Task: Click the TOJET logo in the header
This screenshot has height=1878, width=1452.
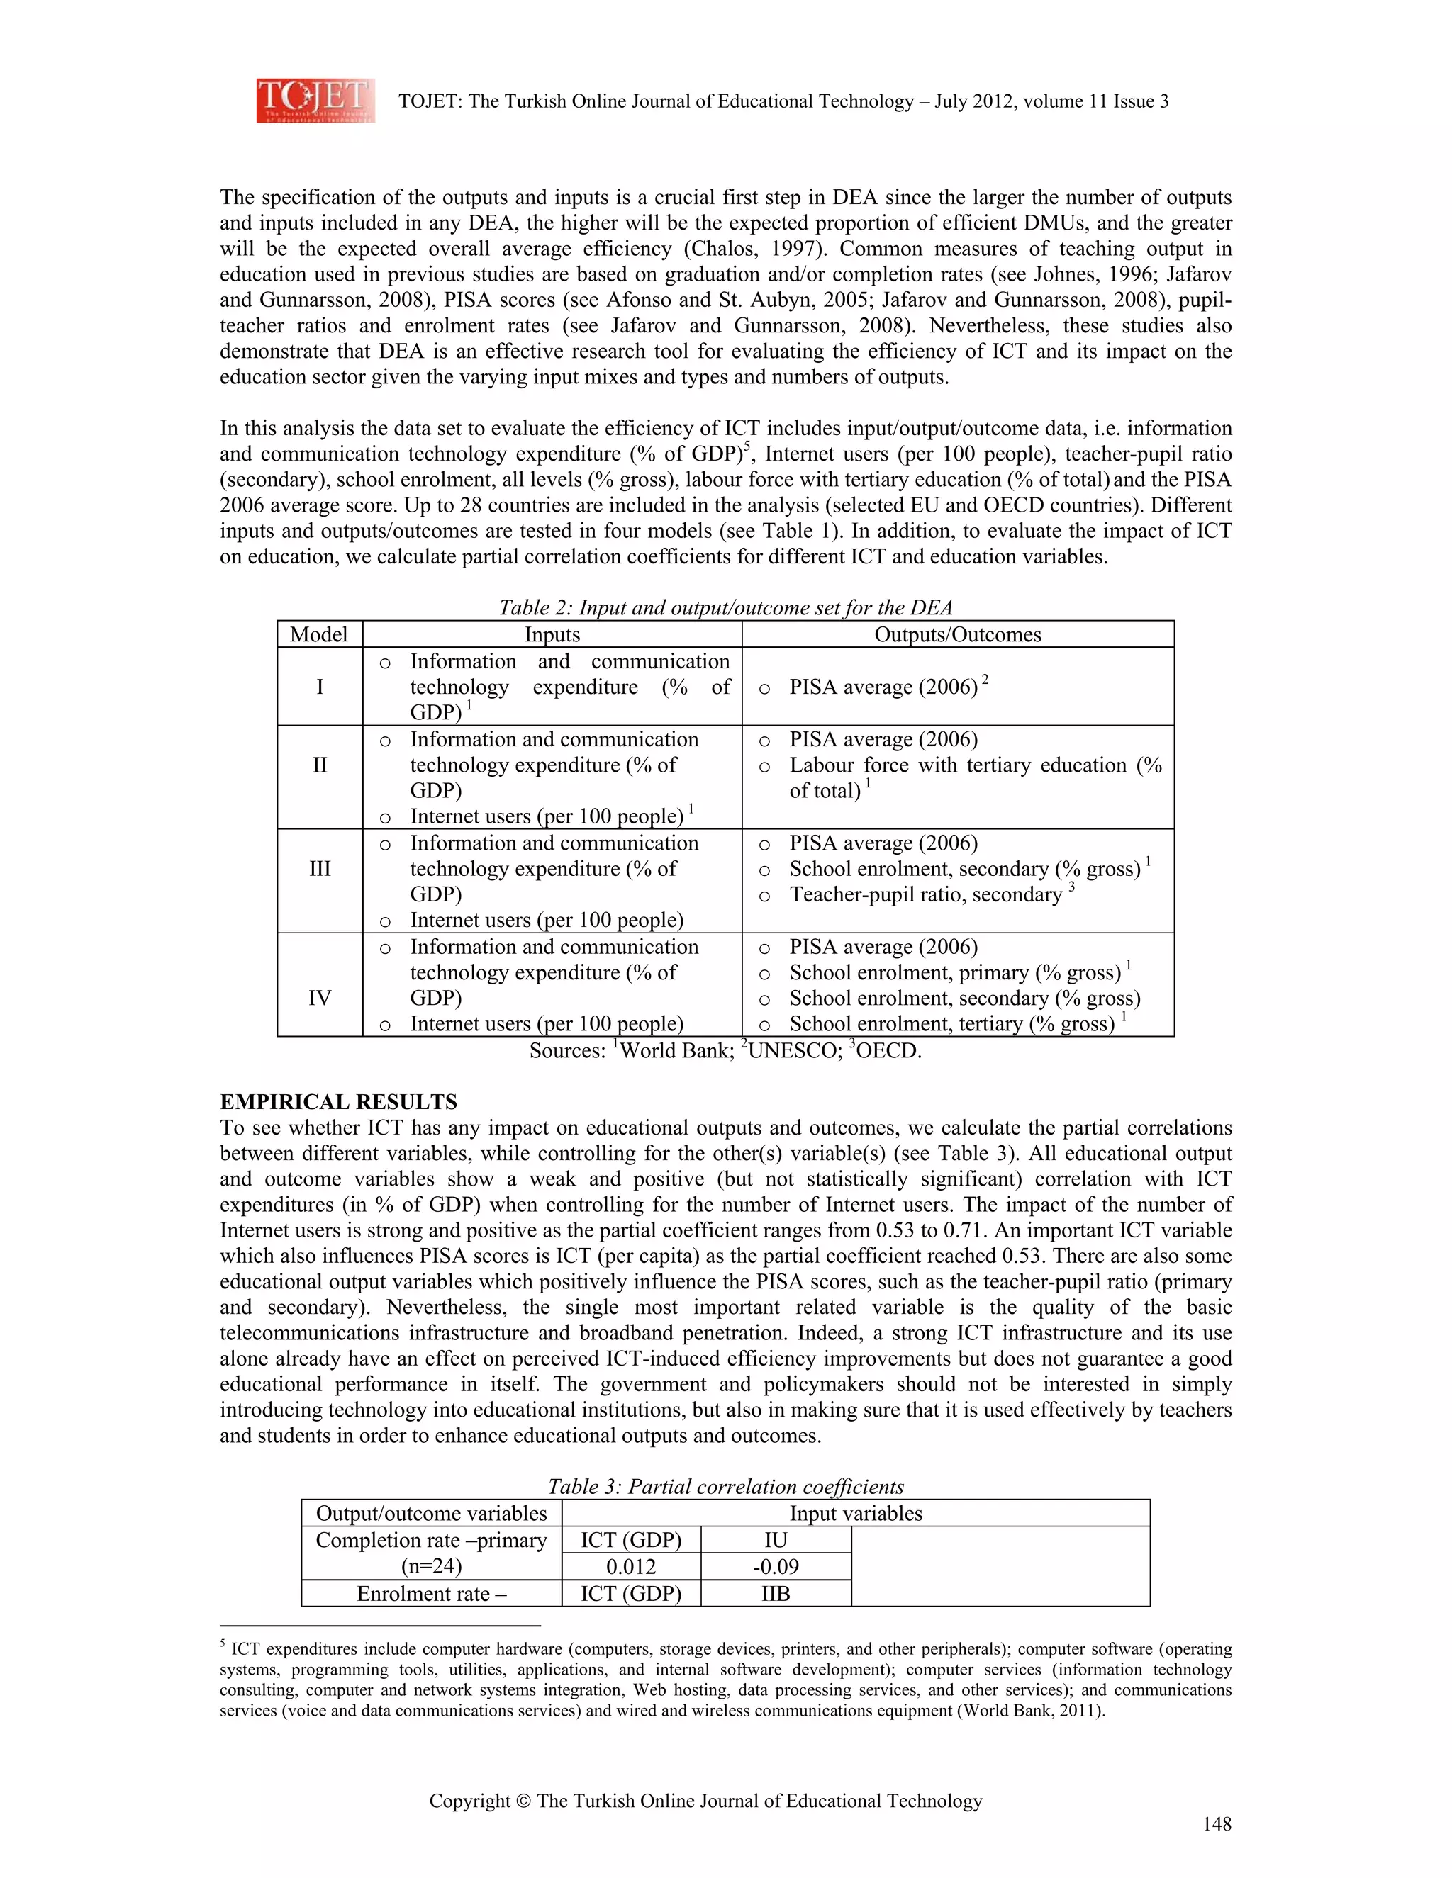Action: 315,101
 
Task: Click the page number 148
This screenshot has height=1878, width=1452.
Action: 1217,1824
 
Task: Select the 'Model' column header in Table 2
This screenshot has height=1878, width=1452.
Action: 319,634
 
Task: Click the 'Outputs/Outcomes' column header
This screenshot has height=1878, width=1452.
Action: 957,634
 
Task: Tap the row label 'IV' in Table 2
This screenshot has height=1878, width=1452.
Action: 319,998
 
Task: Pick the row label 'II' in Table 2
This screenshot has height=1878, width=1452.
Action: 319,765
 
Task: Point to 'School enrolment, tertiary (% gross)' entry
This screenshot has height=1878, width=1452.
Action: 951,1024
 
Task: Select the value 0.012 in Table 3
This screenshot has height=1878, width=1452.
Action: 630,1567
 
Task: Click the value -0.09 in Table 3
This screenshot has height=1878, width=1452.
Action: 775,1567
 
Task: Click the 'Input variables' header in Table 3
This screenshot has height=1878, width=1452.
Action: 855,1514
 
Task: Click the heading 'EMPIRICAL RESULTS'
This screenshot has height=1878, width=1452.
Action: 338,1103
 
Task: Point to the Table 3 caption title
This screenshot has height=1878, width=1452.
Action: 725,1487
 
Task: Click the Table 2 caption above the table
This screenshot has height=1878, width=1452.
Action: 725,608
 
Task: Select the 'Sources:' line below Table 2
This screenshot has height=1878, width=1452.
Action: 725,1050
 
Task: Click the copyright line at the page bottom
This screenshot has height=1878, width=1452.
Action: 705,1801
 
